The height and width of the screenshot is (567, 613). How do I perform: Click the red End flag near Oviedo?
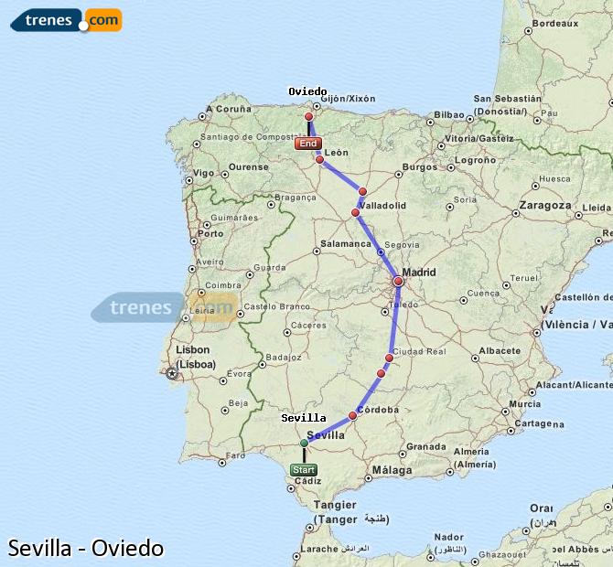coord(308,144)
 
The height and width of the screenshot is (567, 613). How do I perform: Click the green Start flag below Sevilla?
coord(304,470)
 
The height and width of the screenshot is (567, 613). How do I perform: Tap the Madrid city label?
coord(419,273)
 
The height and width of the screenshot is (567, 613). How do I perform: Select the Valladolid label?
coord(382,206)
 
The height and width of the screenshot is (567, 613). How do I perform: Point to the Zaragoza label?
coord(544,206)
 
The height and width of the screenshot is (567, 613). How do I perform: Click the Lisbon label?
coord(193,349)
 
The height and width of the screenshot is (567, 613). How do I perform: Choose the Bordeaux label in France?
coord(555,24)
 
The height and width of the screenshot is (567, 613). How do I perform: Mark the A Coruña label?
coord(229,109)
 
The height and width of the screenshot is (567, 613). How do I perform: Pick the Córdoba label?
coord(378,410)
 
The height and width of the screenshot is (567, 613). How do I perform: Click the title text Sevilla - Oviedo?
coord(86,549)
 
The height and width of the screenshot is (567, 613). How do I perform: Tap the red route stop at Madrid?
coord(398,282)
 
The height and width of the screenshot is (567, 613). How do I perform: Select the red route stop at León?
coord(319,160)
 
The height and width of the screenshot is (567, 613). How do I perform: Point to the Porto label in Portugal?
coord(210,233)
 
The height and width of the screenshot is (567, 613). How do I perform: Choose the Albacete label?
coord(500,350)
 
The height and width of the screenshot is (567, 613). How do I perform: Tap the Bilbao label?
coord(450,115)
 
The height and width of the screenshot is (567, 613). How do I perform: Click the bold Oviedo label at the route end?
coord(307,91)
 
